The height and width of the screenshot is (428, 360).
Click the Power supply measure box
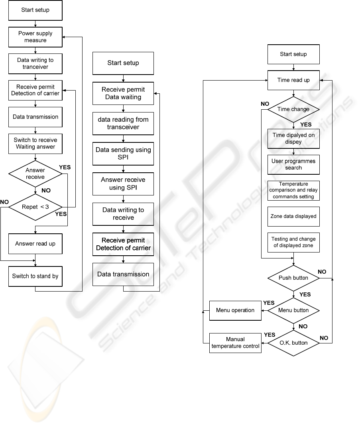35,37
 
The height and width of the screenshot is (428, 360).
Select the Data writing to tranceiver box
35,64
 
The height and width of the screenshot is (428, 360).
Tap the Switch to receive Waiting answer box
35,143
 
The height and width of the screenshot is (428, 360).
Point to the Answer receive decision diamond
35,174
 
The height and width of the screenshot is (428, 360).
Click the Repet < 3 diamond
35,207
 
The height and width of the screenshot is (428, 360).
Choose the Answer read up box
35,244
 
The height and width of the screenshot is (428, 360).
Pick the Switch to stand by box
35,276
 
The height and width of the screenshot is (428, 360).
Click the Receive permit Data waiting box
123,93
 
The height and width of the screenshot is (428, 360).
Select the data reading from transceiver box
123,123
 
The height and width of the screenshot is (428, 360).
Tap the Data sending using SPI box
123,154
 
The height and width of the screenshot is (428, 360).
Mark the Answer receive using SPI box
123,184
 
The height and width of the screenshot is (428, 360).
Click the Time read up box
293,80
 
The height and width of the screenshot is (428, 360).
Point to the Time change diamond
293,109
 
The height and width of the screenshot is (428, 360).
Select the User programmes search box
293,164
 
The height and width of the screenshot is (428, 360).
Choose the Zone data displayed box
293,216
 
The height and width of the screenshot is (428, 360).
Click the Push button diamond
293,278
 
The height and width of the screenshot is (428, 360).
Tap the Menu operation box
235,310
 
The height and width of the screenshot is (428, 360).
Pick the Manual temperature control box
235,343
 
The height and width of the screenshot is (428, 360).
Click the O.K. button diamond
293,343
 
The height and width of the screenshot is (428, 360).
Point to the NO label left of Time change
265,104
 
